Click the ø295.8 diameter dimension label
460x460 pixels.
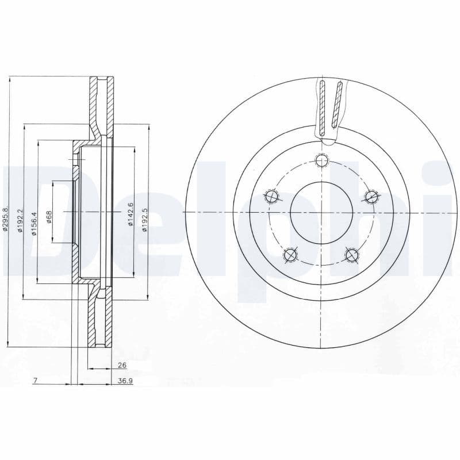(x=5, y=220)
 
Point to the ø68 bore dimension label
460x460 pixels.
(x=49, y=217)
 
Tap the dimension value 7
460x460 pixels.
(x=36, y=381)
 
